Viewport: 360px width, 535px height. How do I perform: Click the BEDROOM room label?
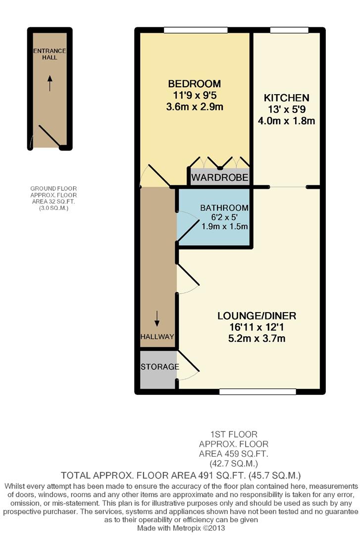[195, 84]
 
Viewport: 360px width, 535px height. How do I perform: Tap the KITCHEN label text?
[286, 98]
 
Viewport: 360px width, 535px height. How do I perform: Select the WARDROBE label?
[219, 177]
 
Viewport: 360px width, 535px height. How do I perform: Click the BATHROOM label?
[224, 208]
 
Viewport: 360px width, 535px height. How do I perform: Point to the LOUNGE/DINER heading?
[257, 316]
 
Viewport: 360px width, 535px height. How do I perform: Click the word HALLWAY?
[157, 337]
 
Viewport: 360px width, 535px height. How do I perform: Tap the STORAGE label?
[159, 367]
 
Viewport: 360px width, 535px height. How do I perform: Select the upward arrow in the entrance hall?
[50, 83]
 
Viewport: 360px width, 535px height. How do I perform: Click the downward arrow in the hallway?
[157, 319]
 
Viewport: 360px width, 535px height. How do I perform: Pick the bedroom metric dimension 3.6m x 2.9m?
[195, 107]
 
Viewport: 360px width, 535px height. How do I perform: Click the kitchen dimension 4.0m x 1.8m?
[286, 121]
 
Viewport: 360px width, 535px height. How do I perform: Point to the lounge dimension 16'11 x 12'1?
[257, 327]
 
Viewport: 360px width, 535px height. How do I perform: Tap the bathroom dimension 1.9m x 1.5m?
[224, 226]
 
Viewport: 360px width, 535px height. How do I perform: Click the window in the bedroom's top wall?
[196, 30]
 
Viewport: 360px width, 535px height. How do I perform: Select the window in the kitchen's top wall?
[289, 30]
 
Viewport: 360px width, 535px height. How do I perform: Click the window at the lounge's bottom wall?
[257, 392]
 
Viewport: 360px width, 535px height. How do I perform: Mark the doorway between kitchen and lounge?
[288, 187]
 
